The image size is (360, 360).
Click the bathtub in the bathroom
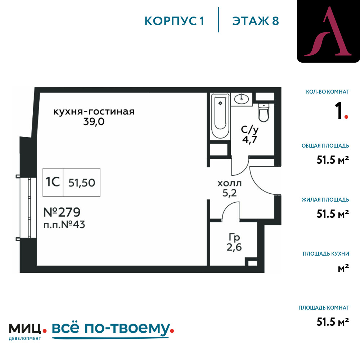point(220,116)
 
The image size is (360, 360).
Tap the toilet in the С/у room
point(264,112)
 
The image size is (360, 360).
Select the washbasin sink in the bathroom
point(241,99)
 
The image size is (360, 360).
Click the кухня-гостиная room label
point(94,112)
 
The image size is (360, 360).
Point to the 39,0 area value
point(94,122)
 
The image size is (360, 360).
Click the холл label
point(229,183)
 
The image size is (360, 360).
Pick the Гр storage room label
point(234,237)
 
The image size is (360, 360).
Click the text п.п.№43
point(64,225)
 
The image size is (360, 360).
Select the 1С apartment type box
point(53,182)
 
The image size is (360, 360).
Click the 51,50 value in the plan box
point(82,183)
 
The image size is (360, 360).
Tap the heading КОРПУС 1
point(174,21)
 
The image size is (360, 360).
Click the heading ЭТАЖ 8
point(256,21)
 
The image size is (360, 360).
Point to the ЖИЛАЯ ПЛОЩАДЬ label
point(325,200)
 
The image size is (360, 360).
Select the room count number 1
point(338,111)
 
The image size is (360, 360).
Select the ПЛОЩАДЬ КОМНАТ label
point(324,308)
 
